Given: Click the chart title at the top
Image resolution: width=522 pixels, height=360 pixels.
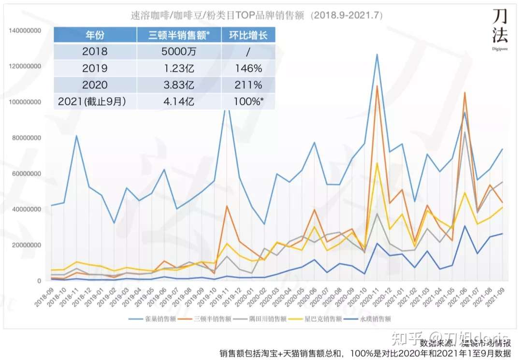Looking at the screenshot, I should click(x=257, y=15).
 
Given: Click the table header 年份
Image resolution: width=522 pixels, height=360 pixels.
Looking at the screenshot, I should click(x=95, y=35).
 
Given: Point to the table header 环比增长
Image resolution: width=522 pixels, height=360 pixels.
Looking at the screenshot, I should click(x=248, y=35).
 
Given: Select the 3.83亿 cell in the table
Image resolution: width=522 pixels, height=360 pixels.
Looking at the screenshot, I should click(x=179, y=85).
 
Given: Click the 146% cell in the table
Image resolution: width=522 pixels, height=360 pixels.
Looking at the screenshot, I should click(x=248, y=68).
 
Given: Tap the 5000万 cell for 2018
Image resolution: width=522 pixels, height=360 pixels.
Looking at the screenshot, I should click(x=179, y=51).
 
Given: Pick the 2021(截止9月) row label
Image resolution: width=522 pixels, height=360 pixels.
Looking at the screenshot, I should click(x=95, y=102).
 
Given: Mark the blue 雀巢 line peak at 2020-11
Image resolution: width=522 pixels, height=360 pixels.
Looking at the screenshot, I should click(x=377, y=54).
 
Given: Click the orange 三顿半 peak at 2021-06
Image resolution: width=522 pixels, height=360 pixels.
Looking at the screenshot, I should click(x=465, y=92).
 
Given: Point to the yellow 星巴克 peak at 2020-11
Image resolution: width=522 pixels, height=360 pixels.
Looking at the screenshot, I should click(x=377, y=163).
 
